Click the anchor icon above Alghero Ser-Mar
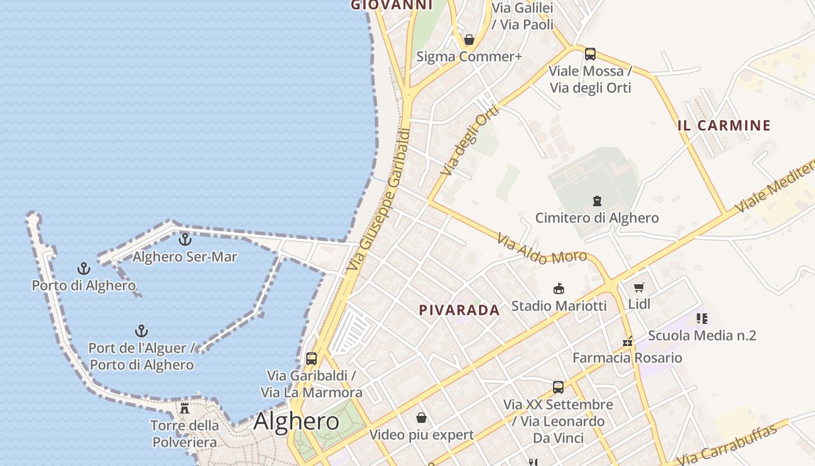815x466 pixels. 185,239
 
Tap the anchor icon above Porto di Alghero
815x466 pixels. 84,269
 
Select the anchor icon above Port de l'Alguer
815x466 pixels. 141,331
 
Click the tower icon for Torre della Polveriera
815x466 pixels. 185,408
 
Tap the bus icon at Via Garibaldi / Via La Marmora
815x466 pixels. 311,358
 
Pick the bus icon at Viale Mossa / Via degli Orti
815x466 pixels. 590,54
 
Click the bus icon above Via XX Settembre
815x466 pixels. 558,387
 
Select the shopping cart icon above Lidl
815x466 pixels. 639,287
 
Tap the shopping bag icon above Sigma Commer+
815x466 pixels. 469,40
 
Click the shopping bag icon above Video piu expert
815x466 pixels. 421,418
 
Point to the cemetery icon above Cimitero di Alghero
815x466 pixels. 597,201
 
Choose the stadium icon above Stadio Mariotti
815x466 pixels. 558,288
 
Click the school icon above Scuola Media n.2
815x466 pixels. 702,319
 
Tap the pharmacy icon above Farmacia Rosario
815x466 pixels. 628,341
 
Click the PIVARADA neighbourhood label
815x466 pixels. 459,310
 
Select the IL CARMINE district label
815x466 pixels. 724,125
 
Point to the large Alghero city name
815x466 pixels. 296,421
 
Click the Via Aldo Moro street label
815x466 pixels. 541,249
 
